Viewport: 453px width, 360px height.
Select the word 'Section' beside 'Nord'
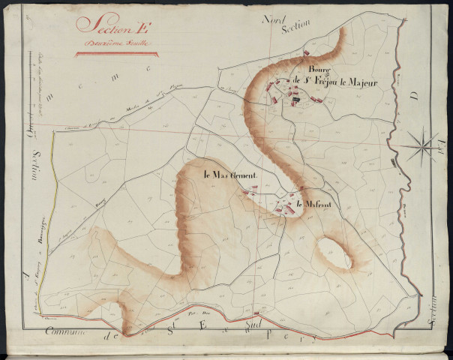(x=295, y=28)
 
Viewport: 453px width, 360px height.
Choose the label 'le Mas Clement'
(x=230, y=175)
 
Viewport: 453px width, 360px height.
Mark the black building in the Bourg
(x=295, y=97)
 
